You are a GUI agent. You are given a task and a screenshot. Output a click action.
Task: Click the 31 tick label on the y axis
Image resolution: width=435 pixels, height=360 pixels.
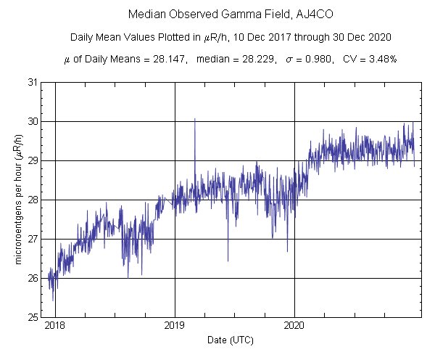(33, 82)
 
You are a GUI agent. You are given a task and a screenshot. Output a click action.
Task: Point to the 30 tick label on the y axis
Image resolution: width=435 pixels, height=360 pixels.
(33, 121)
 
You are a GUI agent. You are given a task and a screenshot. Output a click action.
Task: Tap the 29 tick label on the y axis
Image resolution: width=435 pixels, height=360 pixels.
(33, 160)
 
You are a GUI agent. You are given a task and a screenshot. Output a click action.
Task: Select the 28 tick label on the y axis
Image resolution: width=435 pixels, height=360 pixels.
(33, 200)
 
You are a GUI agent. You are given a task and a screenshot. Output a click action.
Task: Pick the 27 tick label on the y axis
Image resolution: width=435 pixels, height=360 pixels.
(33, 239)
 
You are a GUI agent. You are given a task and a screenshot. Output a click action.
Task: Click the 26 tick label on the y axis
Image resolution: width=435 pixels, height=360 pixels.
(33, 278)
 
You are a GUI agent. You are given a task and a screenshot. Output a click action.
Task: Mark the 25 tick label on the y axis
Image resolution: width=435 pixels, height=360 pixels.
(33, 317)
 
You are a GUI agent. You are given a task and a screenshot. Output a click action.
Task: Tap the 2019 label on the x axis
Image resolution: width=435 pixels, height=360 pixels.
(175, 326)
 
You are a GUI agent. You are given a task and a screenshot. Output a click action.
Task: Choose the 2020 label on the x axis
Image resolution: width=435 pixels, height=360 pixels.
(294, 326)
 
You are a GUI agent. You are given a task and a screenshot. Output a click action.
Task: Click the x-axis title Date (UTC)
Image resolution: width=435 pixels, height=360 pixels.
(230, 339)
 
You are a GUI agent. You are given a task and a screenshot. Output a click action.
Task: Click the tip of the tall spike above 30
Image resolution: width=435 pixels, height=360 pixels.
(194, 118)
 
